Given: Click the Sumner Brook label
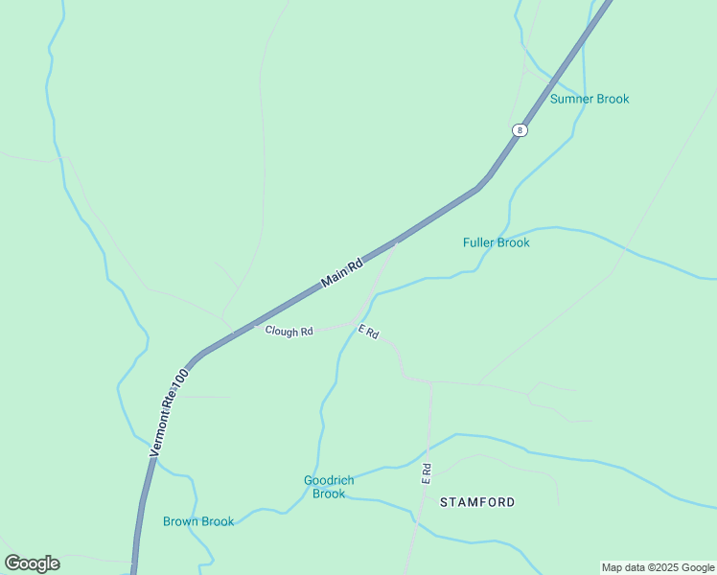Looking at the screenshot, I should (590, 99).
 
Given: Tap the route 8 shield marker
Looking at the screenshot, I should (519, 130).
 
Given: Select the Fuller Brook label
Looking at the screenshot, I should (496, 242).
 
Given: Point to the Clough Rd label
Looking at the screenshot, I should (289, 332).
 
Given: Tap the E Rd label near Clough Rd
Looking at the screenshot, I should (369, 333).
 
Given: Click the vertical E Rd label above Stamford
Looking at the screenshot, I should (427, 473).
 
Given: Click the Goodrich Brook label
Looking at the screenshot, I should (329, 487).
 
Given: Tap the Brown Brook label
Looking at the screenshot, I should (198, 521).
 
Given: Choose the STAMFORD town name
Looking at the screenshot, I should (477, 502).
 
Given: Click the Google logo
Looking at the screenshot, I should (32, 563).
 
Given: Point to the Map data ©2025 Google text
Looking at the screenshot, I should (658, 567).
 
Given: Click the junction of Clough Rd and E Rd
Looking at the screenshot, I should (356, 324).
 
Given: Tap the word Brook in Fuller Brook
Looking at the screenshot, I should (513, 242).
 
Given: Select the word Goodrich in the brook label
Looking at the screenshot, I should (329, 480).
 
